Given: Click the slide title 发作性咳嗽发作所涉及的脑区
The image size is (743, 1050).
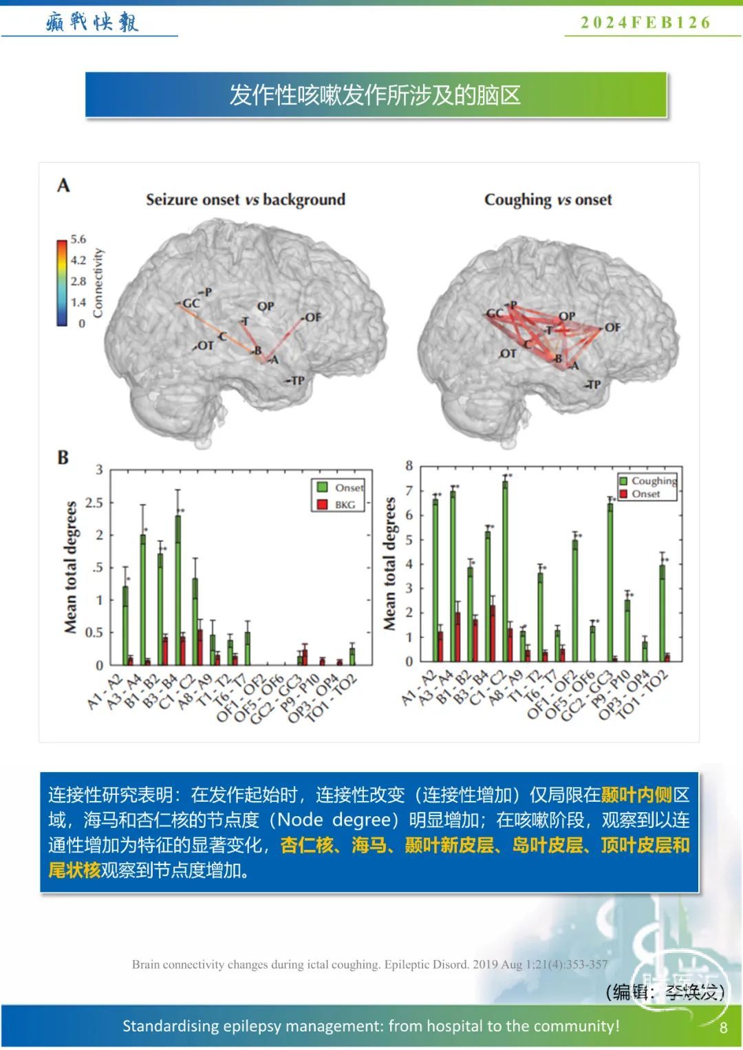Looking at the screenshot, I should coord(375,95).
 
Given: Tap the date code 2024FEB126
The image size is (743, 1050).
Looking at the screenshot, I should coord(645,23).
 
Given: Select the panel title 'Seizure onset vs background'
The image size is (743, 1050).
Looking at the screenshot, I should coord(246,199).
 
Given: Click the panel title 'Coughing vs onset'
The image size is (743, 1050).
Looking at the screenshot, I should coord(548,199).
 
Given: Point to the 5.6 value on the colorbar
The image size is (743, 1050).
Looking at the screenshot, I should coord(78,239).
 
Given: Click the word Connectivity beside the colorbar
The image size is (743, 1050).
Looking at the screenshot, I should coord(98,283).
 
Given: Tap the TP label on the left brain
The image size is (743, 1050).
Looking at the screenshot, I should coord(297,380).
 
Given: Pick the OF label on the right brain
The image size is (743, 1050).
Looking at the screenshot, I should coord(612,327).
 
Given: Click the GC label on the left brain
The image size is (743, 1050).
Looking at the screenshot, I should coord(191,303).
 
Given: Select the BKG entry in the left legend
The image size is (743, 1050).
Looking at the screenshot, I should coord(344,505).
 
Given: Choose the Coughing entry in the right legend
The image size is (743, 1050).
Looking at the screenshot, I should coord(653,481).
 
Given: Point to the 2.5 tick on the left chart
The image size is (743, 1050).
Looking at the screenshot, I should coord(94,503).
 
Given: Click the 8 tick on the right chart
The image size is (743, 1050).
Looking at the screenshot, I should coord(409,466).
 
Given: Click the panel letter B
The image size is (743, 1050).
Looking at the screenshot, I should coord(63,457).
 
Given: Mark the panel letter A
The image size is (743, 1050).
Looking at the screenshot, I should coord(63,185).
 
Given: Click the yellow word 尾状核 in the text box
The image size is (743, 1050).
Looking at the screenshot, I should coord(74,870).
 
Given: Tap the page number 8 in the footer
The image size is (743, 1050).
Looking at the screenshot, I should coord(723,1027).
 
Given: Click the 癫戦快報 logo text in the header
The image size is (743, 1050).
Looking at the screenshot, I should coord(92,22).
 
